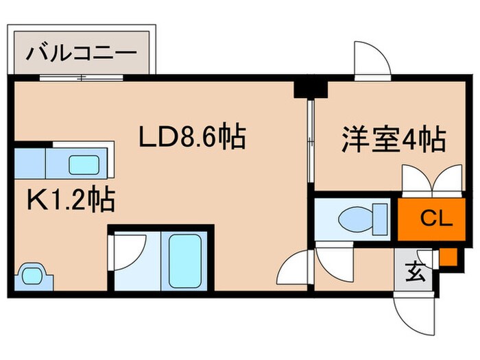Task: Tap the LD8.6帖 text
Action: click(193, 139)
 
